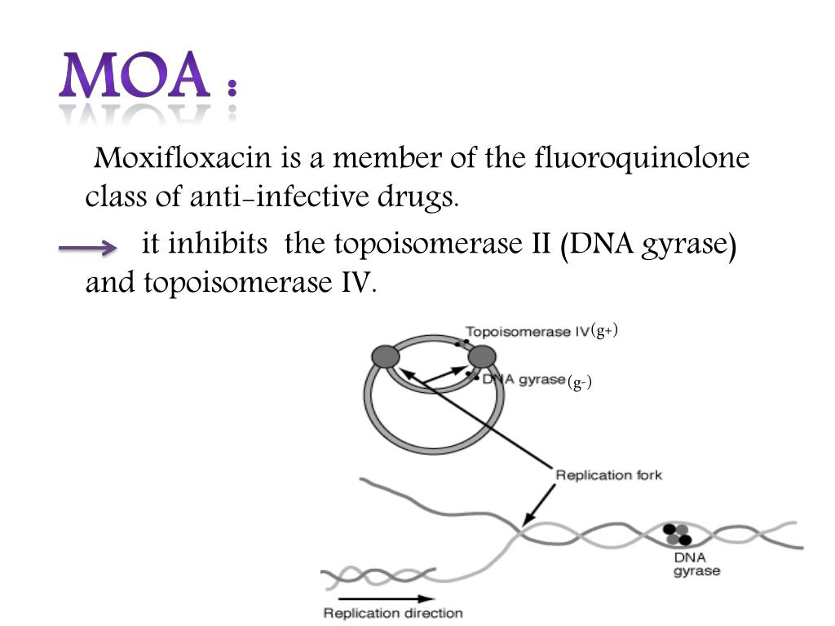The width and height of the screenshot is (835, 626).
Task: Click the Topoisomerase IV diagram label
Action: coord(527,332)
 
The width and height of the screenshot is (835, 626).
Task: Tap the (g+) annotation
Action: coord(605,330)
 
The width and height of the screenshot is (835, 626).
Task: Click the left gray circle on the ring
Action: coord(386,356)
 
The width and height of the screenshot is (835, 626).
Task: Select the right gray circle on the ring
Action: coord(482,356)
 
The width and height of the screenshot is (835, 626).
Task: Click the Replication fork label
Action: coord(608,474)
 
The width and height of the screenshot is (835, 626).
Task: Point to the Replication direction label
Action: coord(393,613)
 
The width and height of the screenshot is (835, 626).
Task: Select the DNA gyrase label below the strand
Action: coord(696,564)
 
